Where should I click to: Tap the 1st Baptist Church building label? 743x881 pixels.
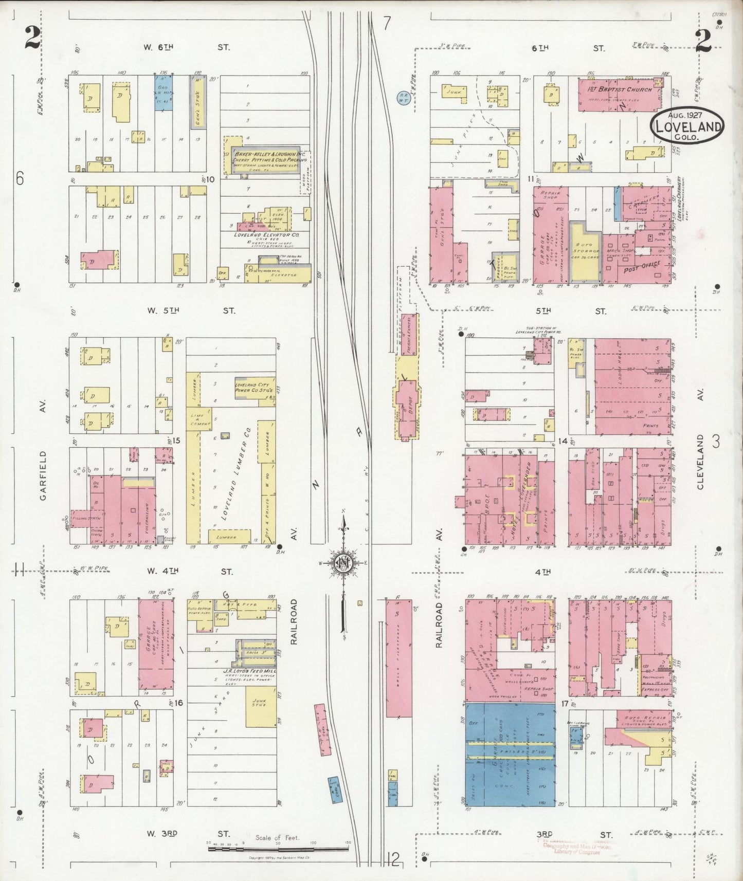tap(619, 89)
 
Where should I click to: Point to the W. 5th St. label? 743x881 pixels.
tap(190, 310)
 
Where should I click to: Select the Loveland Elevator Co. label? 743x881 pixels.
tap(266, 234)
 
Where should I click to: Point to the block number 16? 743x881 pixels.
tap(178, 702)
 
